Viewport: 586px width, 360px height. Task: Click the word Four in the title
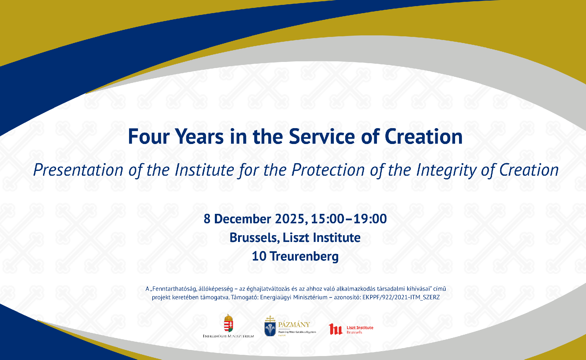click(148, 136)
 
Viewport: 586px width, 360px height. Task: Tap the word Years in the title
click(199, 136)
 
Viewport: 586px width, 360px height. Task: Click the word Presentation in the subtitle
click(78, 170)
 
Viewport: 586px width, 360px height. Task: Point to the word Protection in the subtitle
click(328, 170)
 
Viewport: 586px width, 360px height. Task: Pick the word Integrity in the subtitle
click(446, 170)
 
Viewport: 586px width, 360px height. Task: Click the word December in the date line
click(243, 219)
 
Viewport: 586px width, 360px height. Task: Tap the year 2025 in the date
click(290, 219)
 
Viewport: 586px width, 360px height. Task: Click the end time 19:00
click(370, 219)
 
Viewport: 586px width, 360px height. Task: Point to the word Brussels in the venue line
click(254, 238)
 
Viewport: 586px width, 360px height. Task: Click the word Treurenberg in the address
click(304, 256)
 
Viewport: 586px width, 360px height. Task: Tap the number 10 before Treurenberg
click(259, 256)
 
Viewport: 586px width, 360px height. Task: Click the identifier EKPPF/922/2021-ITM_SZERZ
click(401, 297)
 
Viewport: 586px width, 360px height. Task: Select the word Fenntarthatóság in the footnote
click(174, 289)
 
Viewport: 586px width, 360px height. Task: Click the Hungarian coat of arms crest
click(228, 323)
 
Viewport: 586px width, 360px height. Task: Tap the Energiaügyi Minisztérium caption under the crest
click(228, 336)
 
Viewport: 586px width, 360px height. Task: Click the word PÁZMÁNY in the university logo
click(294, 325)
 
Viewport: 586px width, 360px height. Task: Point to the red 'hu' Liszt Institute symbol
click(335, 329)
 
